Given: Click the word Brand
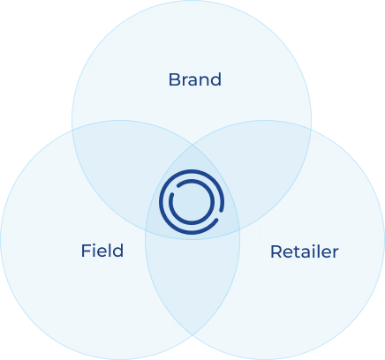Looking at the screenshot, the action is click(195, 79).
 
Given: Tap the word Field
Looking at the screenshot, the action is click(102, 251).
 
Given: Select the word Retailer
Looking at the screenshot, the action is click(305, 251).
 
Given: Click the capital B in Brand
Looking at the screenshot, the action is click(173, 79).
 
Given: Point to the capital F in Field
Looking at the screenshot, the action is click(86, 251).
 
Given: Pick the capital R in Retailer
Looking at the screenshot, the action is click(276, 252).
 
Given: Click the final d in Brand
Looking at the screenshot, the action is click(215, 79).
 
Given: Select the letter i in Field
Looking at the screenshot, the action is click(94, 251).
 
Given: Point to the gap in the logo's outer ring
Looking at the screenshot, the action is click(220, 215).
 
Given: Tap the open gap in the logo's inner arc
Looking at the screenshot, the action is click(174, 190).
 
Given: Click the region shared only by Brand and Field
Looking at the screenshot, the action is click(117, 165).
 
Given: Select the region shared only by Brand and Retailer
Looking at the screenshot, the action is click(265, 165).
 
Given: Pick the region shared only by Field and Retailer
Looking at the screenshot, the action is click(192, 282).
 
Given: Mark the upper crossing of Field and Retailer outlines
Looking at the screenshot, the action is click(192, 145).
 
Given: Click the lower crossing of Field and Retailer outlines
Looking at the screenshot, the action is click(192, 335).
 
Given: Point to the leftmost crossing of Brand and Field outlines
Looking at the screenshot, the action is click(72, 129).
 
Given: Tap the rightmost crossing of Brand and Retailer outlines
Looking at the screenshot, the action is click(311, 129).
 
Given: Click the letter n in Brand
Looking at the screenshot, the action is click(203, 81).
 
